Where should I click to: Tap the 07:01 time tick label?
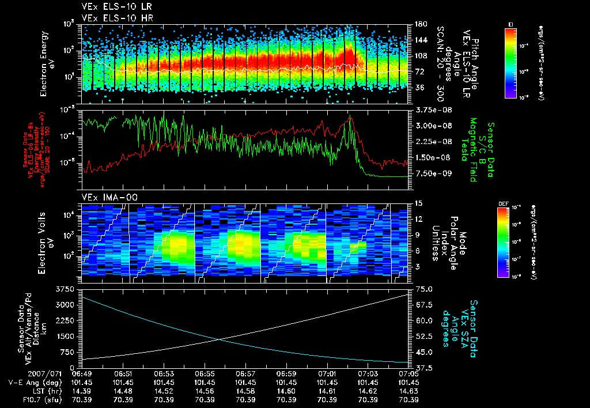[x=327, y=373]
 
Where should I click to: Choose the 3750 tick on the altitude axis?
[x=67, y=288]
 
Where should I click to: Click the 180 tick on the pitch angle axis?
[x=419, y=24]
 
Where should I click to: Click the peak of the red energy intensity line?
[x=350, y=116]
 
